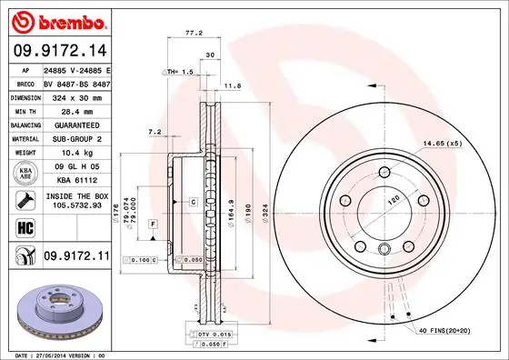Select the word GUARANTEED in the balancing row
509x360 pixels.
[75, 124]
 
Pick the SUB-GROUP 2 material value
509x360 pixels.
[75, 137]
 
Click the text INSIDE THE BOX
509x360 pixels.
[77, 195]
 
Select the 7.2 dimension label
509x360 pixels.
[154, 132]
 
